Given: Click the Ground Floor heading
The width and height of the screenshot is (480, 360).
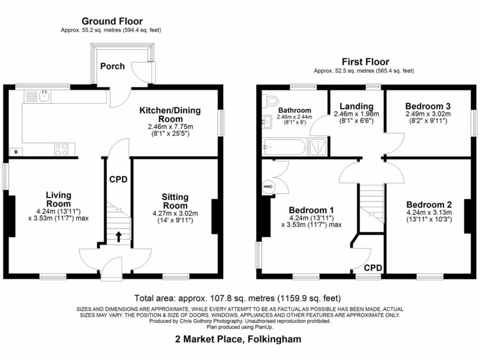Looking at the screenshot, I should pyautogui.click(x=112, y=21).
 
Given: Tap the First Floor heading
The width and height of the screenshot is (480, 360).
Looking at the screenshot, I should pyautogui.click(x=365, y=62).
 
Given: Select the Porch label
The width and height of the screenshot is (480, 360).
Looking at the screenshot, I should pyautogui.click(x=112, y=66).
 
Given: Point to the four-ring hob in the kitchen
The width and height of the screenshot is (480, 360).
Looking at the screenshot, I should pyautogui.click(x=61, y=149).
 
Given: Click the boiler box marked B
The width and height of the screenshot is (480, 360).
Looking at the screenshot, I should pyautogui.click(x=16, y=151).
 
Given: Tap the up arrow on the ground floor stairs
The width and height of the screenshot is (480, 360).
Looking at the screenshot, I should pyautogui.click(x=118, y=236).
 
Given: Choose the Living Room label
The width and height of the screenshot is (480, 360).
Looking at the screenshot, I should pyautogui.click(x=59, y=199).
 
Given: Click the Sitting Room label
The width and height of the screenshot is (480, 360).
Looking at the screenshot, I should pyautogui.click(x=175, y=202).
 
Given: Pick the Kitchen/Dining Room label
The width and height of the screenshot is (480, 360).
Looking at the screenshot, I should pyautogui.click(x=170, y=115).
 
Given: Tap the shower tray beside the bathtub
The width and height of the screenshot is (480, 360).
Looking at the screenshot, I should pyautogui.click(x=319, y=147).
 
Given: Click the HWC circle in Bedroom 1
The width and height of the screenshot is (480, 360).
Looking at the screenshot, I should pyautogui.click(x=269, y=187).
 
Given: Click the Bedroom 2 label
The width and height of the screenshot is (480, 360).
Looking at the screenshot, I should pyautogui.click(x=429, y=205).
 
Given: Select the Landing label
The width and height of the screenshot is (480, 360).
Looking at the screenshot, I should pyautogui.click(x=356, y=106).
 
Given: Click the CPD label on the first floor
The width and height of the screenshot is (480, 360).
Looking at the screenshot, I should pyautogui.click(x=373, y=268).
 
